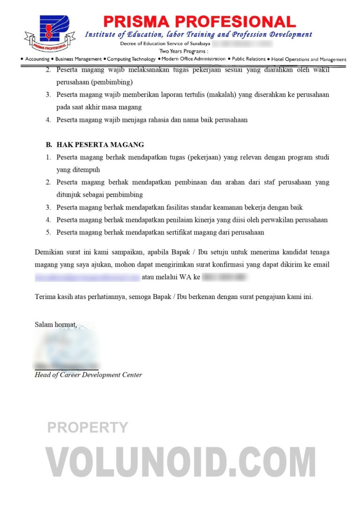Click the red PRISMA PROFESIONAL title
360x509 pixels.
click(199, 22)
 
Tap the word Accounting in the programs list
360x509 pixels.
click(37, 59)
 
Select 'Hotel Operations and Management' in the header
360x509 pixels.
click(308, 60)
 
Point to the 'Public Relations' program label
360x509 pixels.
click(249, 59)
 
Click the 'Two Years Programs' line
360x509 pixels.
click(184, 51)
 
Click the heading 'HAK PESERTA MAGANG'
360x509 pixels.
click(100, 145)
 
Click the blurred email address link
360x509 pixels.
click(87, 277)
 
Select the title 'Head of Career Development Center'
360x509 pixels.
click(88, 375)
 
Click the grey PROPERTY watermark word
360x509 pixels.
click(88, 427)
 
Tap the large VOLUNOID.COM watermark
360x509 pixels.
click(180, 462)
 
